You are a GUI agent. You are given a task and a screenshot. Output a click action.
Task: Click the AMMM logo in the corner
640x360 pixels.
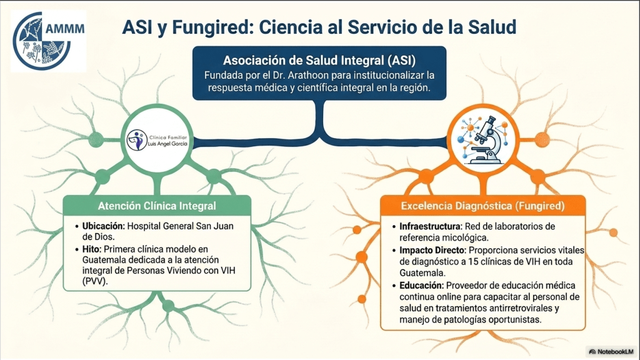49,41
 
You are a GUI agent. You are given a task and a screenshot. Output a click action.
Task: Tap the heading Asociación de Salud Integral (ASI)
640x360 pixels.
319,61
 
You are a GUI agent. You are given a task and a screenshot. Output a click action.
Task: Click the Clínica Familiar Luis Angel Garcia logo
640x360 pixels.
157,140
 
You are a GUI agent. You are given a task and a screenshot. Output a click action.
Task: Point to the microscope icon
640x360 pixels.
483,139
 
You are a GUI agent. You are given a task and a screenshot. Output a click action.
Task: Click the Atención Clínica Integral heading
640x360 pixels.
157,206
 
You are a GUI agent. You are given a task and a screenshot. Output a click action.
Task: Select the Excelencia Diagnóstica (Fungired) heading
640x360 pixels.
483,206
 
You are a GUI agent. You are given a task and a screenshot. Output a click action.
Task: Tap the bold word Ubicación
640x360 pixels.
103,226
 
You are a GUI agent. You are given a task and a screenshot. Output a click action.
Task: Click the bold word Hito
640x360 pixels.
91,249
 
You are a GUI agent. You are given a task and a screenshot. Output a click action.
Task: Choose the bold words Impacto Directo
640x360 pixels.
432,250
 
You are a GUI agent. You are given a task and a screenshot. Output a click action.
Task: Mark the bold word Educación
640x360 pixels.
422,285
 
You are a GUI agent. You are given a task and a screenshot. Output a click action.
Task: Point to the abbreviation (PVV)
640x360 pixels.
95,281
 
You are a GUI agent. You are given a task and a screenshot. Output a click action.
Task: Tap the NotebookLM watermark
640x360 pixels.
611,351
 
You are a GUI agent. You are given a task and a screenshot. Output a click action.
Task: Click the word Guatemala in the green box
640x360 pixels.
104,260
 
